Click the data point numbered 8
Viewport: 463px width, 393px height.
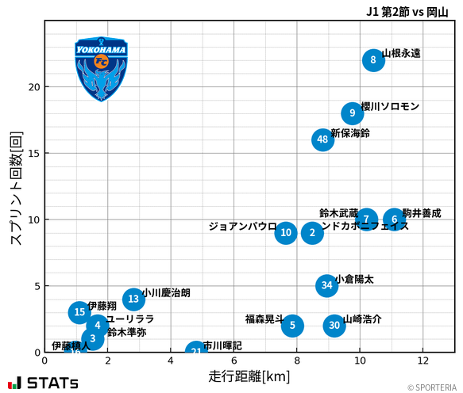pyautogui.click(x=373, y=61)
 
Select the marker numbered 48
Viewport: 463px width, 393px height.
pyautogui.click(x=322, y=140)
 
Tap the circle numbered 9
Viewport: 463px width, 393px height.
pyautogui.click(x=353, y=113)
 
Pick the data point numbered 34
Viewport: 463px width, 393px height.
pyautogui.click(x=327, y=285)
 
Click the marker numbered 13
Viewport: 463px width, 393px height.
pyautogui.click(x=133, y=299)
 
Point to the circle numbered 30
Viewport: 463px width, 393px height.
pyautogui.click(x=334, y=325)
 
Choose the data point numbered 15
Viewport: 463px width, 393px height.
pyautogui.click(x=79, y=312)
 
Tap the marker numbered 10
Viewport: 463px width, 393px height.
pyautogui.click(x=286, y=233)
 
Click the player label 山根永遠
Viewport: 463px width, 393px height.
pyautogui.click(x=401, y=53)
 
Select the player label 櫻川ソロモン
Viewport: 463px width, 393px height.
pyautogui.click(x=390, y=106)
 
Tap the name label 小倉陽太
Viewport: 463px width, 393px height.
pyautogui.click(x=354, y=279)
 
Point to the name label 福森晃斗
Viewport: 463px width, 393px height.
pyautogui.click(x=264, y=319)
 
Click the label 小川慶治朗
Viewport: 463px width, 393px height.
pyautogui.click(x=167, y=292)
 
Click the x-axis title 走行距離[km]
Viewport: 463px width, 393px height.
pyautogui.click(x=249, y=375)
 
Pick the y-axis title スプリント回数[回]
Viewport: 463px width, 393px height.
pyautogui.click(x=15, y=188)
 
